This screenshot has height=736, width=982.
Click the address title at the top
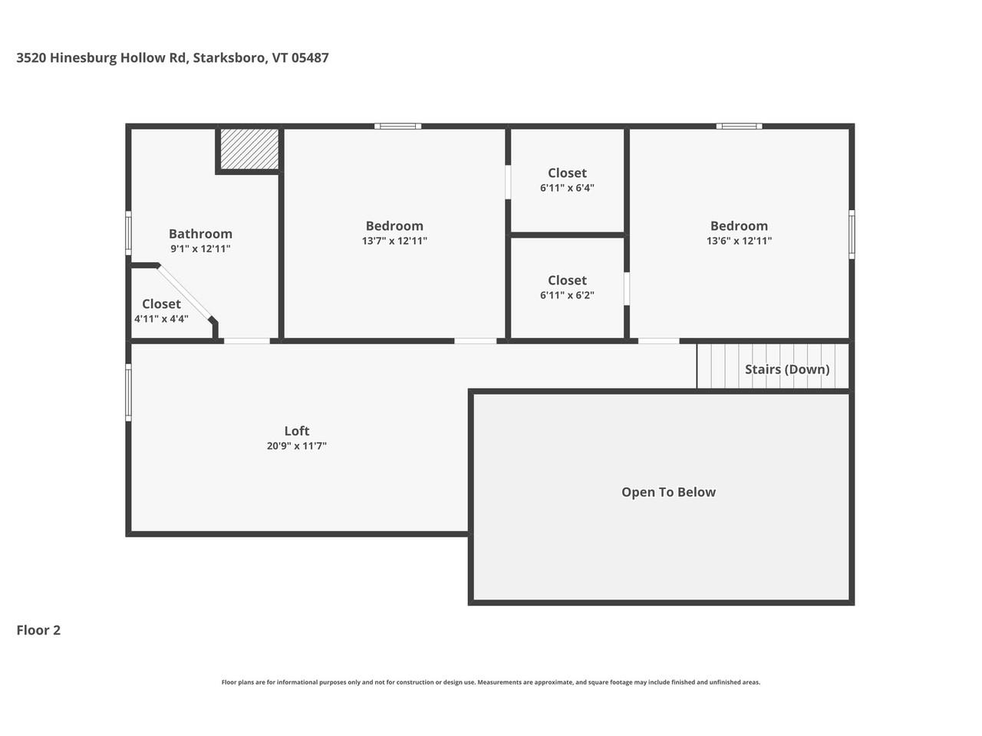(173, 58)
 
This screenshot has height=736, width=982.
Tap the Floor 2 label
(38, 630)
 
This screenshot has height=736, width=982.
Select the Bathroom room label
(200, 234)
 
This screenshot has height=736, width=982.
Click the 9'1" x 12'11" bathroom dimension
(200, 248)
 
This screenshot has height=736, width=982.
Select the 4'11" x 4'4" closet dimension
(161, 319)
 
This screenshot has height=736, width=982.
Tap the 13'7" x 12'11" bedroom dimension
(394, 241)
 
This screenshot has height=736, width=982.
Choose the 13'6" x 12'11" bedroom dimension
(739, 241)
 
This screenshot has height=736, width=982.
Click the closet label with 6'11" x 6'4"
(567, 173)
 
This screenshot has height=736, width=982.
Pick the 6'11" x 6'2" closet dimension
(567, 295)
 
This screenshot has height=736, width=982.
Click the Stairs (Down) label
(787, 370)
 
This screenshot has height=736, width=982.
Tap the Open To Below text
(668, 492)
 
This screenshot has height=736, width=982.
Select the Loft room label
(297, 431)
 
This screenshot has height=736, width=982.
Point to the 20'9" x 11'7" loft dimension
(297, 445)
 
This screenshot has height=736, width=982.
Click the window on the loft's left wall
(128, 393)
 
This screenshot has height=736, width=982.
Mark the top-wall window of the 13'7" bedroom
(397, 126)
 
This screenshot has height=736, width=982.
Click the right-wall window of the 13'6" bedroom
(852, 234)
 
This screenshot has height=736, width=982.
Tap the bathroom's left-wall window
(128, 233)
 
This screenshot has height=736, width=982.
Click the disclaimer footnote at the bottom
(491, 682)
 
